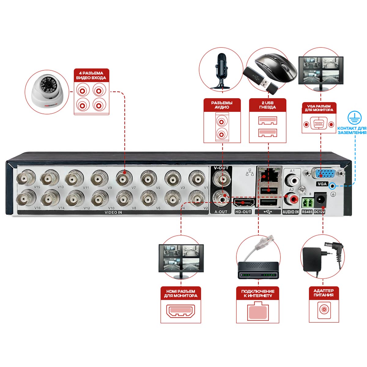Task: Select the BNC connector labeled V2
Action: (197, 198)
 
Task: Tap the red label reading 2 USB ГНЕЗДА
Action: (268, 105)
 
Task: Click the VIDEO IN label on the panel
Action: (113, 212)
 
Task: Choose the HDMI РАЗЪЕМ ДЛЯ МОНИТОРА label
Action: (181, 293)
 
